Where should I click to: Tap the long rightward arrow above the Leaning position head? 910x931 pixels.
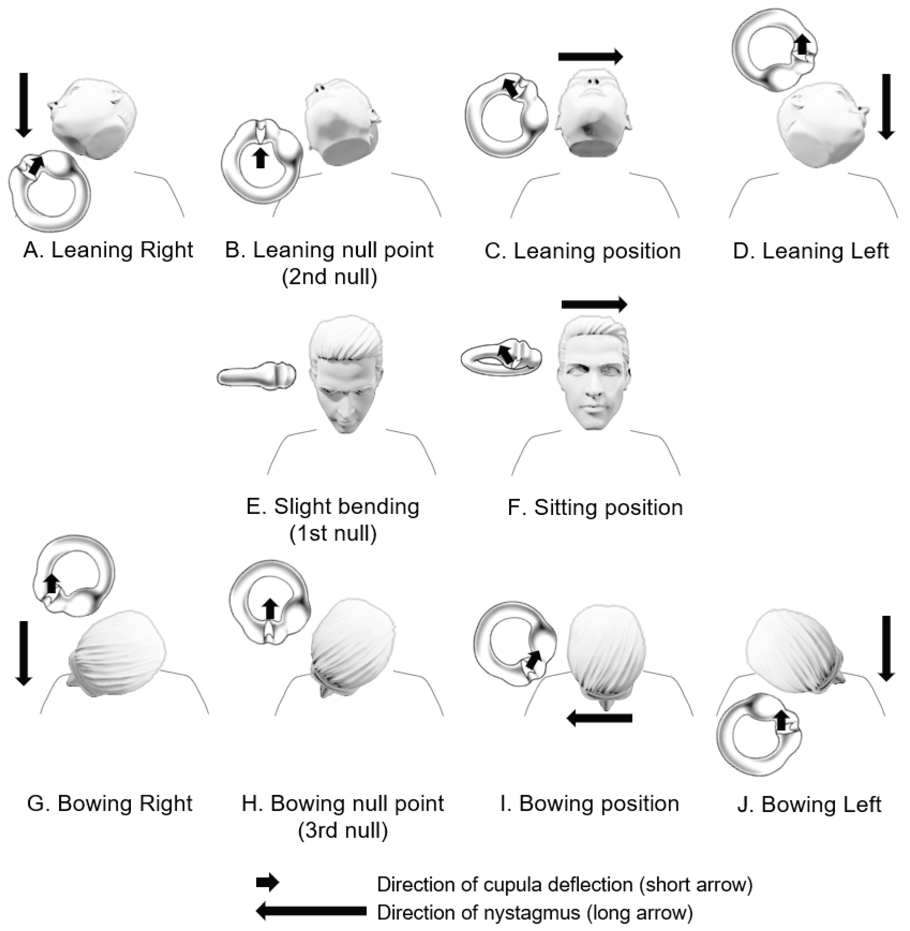[590, 57]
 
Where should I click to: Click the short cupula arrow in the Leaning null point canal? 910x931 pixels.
[260, 158]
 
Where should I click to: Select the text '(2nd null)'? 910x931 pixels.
[329, 277]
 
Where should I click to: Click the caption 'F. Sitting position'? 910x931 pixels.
[595, 507]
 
